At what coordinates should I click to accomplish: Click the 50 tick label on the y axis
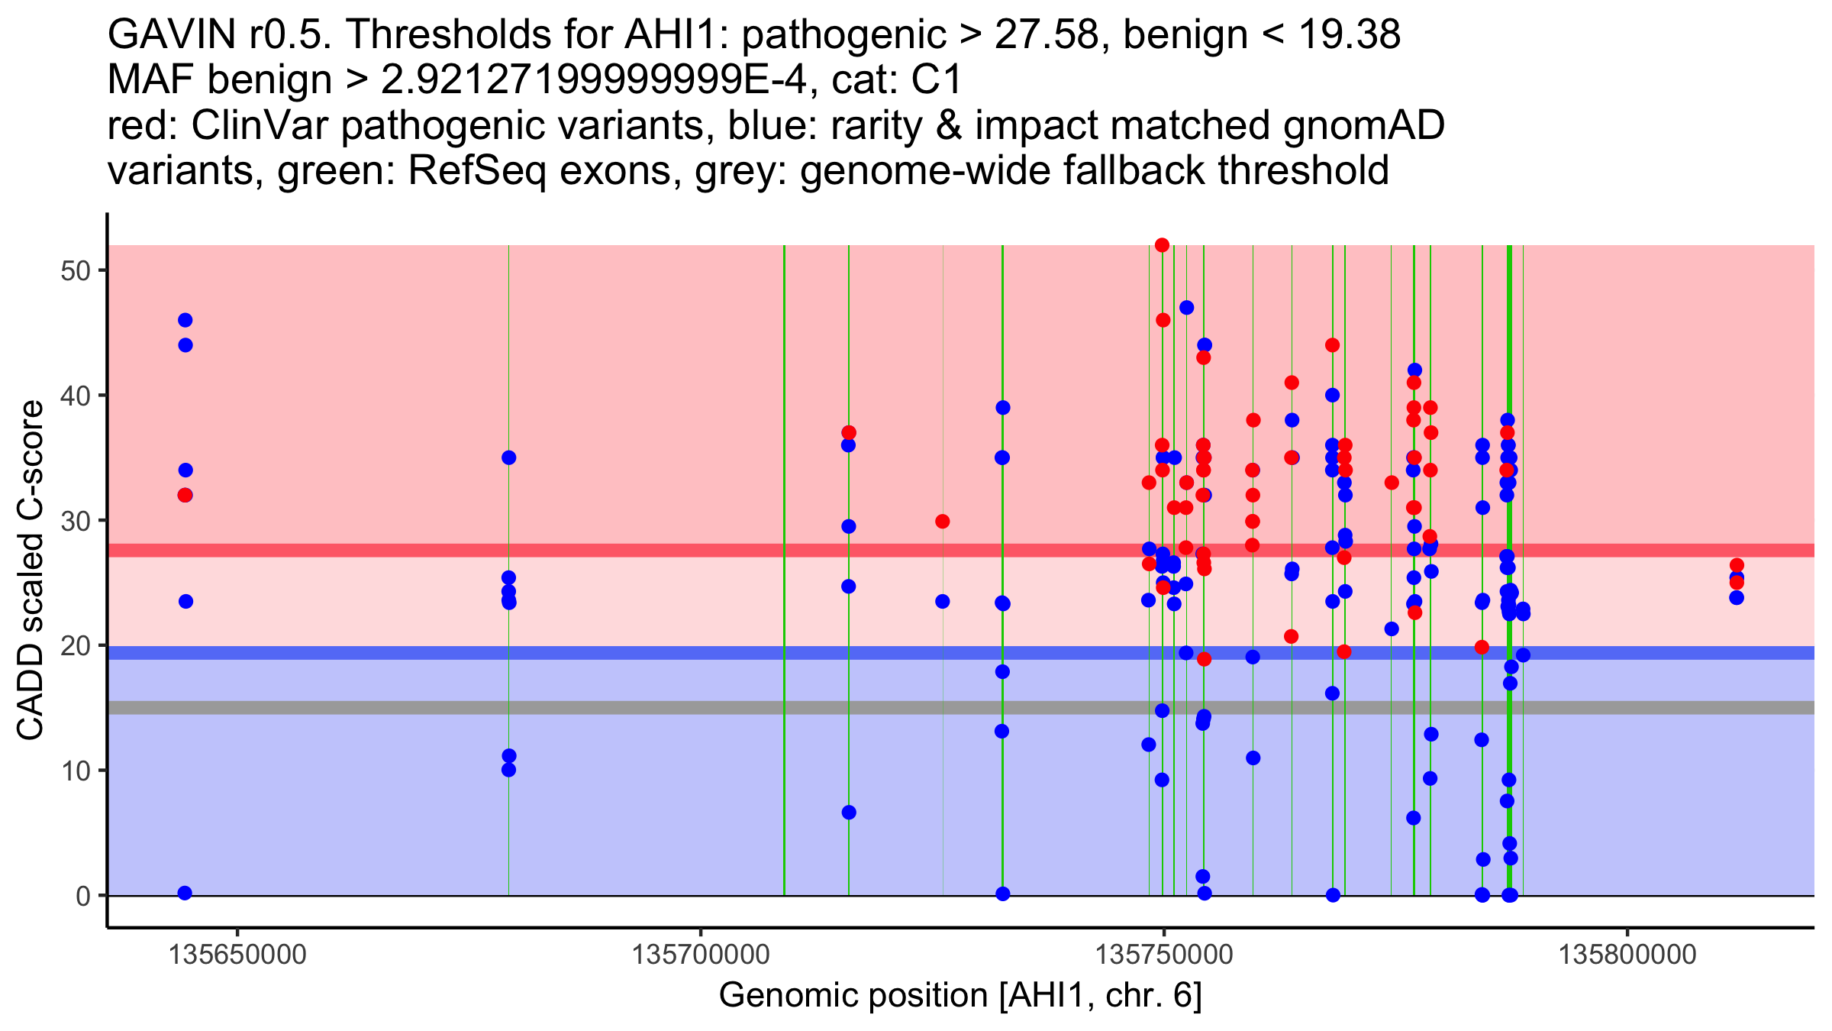tap(76, 271)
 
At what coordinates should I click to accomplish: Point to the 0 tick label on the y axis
tap(83, 896)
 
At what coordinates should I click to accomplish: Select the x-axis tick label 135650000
tap(237, 955)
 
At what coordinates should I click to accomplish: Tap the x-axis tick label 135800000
tap(1627, 955)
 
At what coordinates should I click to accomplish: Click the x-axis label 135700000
tap(701, 955)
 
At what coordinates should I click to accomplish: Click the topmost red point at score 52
tap(1162, 245)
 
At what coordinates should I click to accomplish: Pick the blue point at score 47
tap(1186, 308)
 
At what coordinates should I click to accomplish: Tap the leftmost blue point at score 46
tap(185, 320)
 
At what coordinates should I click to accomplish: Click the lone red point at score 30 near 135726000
tap(943, 522)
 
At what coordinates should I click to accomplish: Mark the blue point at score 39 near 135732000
tap(1003, 408)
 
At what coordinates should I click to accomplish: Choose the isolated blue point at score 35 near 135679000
tap(509, 457)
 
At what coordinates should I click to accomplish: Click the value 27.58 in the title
tap(1043, 34)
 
